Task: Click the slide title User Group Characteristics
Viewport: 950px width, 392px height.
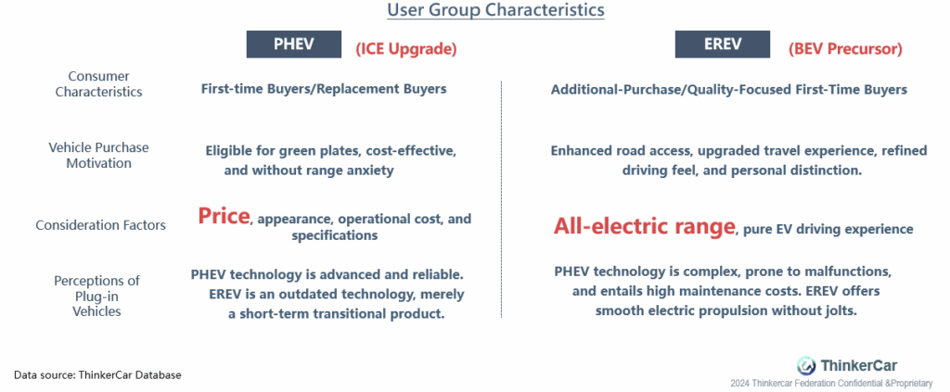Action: click(495, 10)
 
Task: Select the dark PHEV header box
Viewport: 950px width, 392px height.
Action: click(293, 44)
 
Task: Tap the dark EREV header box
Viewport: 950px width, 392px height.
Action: click(722, 44)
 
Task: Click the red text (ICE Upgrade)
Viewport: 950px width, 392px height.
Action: click(406, 49)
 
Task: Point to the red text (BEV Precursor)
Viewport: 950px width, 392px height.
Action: click(845, 49)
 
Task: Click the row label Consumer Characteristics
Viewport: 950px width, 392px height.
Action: click(98, 84)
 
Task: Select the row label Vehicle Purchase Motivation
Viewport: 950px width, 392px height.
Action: click(98, 156)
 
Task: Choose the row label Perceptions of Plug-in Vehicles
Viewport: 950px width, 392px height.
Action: click(96, 296)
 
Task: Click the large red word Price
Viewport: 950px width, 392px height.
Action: click(224, 216)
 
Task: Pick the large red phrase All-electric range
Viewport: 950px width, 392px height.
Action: click(644, 226)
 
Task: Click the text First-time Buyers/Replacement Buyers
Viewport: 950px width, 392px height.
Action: click(324, 89)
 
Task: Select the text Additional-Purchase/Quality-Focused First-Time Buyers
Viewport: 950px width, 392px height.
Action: click(729, 90)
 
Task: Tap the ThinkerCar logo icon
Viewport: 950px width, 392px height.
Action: click(806, 365)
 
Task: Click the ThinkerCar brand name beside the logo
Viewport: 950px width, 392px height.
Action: click(859, 365)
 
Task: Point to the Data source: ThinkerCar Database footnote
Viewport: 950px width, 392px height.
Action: click(97, 375)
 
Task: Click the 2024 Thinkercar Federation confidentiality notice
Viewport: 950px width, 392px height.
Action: click(831, 384)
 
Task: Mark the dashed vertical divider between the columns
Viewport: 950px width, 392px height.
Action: click(501, 199)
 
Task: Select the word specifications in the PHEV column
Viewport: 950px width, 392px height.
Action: click(334, 235)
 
